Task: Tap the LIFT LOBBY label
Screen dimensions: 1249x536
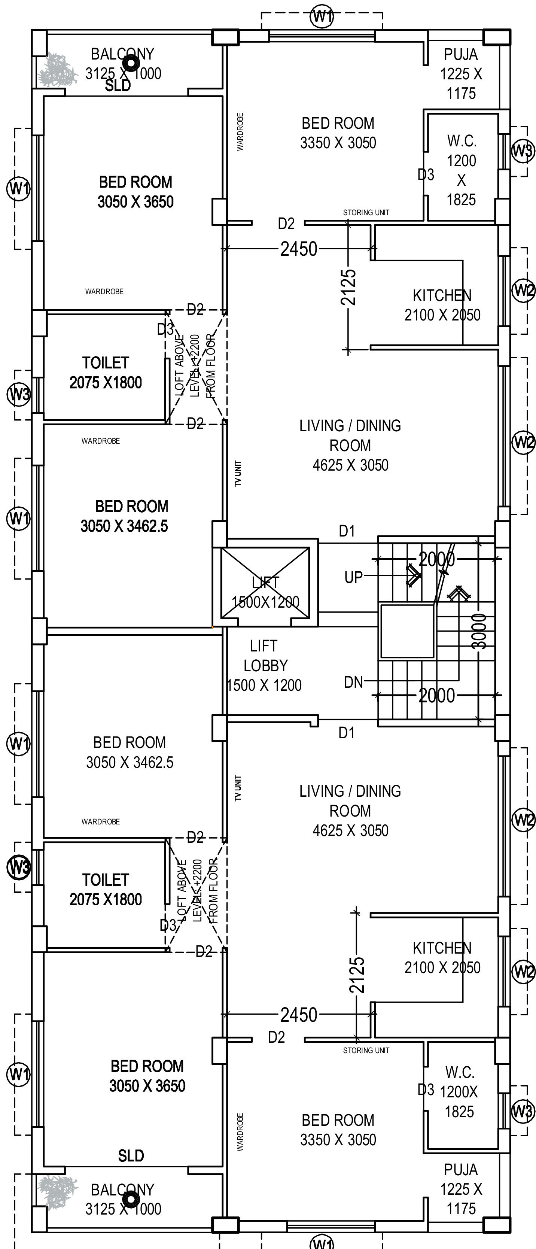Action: click(265, 665)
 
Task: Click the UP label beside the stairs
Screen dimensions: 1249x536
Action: click(353, 577)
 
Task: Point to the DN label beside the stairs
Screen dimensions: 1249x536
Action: click(353, 682)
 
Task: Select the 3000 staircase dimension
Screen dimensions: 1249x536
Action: click(479, 631)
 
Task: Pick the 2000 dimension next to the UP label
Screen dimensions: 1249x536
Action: click(437, 559)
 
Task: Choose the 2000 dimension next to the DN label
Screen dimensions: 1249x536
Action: click(437, 695)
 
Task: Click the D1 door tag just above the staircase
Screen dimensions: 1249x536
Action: click(347, 531)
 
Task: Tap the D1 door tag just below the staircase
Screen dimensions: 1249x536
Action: click(347, 733)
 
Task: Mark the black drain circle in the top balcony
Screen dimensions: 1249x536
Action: click(130, 63)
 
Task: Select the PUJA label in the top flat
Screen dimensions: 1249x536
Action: click(461, 54)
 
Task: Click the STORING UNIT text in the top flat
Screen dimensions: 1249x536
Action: click(366, 212)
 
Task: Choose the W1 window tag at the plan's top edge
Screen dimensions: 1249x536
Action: click(322, 17)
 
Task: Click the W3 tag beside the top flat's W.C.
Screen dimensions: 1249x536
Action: click(523, 151)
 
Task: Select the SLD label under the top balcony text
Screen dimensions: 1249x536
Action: click(118, 86)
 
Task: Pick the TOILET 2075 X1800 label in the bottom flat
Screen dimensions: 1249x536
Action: click(106, 889)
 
